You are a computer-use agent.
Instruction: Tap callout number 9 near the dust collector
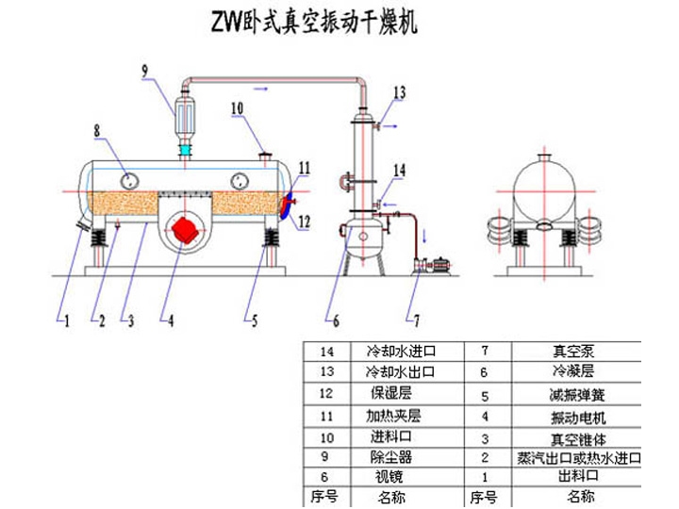145,70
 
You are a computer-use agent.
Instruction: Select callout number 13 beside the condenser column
399,91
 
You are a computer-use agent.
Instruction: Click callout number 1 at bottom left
66,320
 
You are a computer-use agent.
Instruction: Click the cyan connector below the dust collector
186,150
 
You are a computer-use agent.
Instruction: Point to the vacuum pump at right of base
433,267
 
